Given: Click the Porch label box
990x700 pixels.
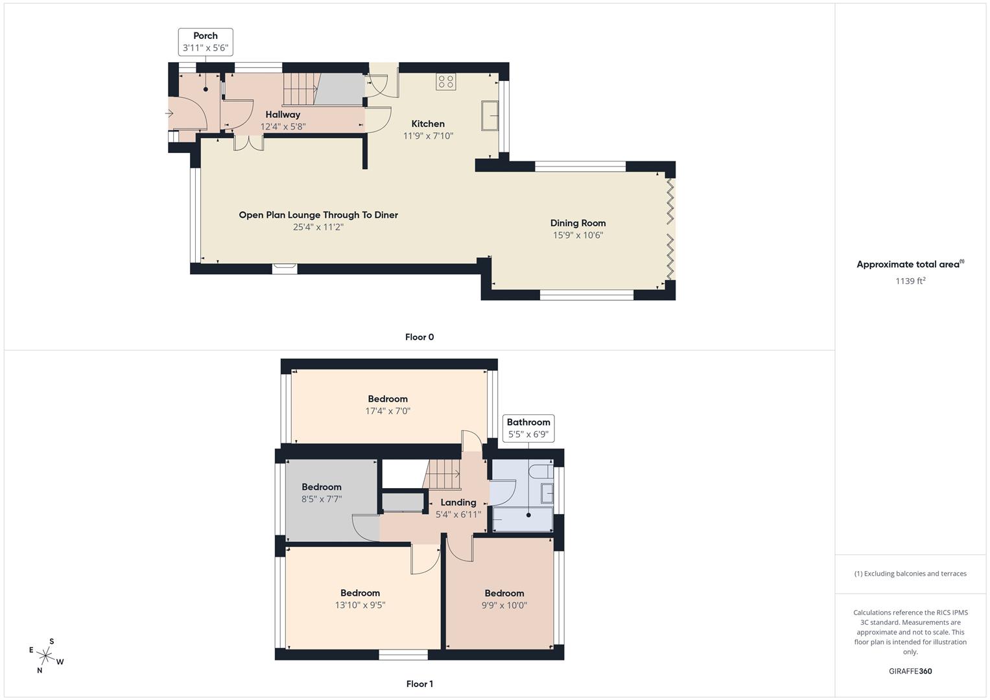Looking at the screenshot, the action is tap(206, 42).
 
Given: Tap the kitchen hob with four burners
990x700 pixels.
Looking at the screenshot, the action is tap(445, 82).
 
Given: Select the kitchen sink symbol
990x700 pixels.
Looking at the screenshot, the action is tap(489, 116).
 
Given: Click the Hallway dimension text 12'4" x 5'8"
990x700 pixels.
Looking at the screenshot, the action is tap(283, 127).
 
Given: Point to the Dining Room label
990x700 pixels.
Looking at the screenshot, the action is tap(578, 223).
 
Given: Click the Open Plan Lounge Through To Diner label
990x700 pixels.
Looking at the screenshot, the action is tap(318, 215).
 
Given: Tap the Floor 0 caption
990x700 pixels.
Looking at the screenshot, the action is tap(419, 337).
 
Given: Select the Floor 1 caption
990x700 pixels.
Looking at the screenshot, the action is tap(419, 684).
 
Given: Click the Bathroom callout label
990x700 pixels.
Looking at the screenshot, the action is tap(528, 428).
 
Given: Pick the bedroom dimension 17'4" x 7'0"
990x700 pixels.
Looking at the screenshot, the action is tap(388, 411).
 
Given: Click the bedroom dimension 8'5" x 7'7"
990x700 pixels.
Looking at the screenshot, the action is tap(322, 499).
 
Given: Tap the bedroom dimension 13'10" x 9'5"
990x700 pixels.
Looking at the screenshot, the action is tap(360, 605).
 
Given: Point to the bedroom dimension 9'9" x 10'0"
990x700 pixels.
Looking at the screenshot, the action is tap(504, 605).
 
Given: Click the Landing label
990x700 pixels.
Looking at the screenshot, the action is tap(458, 502).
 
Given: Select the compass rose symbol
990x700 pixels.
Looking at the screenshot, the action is tap(46, 656).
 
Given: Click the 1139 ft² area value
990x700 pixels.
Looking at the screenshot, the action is tap(910, 281).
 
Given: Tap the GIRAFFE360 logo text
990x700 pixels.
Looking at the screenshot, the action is tap(910, 671).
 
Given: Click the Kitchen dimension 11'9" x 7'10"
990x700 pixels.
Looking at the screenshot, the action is tap(428, 136).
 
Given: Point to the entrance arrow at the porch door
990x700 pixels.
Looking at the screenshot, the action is tap(169, 113).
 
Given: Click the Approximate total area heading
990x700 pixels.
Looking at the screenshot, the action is tap(910, 264).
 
